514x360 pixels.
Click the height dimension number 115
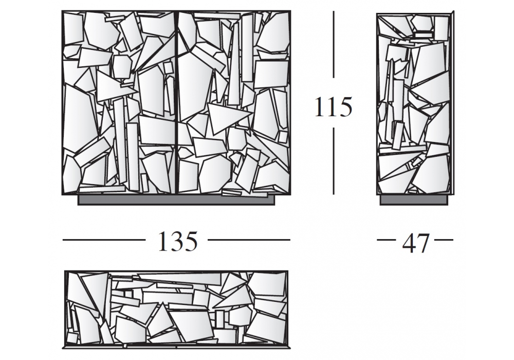coord(334,106)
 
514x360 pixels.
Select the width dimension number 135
coord(178,241)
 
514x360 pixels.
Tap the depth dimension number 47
coord(415,243)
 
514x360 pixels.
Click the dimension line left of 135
coord(104,240)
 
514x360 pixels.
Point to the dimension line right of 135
coord(249,240)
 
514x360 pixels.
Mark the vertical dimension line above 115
coord(334,44)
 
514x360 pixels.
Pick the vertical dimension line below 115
coord(334,161)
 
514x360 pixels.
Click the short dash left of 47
coord(387,240)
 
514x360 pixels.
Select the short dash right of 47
coord(444,240)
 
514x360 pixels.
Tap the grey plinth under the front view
coord(176,201)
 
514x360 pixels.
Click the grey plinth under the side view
coord(414,200)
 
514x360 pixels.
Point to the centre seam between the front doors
coord(177,103)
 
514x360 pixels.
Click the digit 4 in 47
coord(409,243)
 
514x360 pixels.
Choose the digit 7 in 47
coord(423,243)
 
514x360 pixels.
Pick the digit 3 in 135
coord(178,241)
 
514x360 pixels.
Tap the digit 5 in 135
coord(192,241)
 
